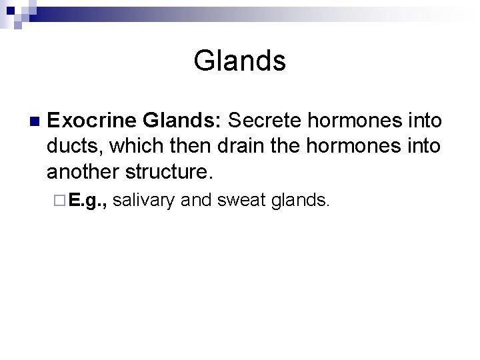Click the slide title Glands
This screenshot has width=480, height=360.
tap(239, 61)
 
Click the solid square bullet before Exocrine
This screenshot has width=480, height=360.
tap(33, 121)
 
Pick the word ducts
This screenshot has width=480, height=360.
tap(70, 147)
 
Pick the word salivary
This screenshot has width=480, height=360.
tap(144, 200)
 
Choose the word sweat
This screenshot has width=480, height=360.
tap(241, 200)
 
